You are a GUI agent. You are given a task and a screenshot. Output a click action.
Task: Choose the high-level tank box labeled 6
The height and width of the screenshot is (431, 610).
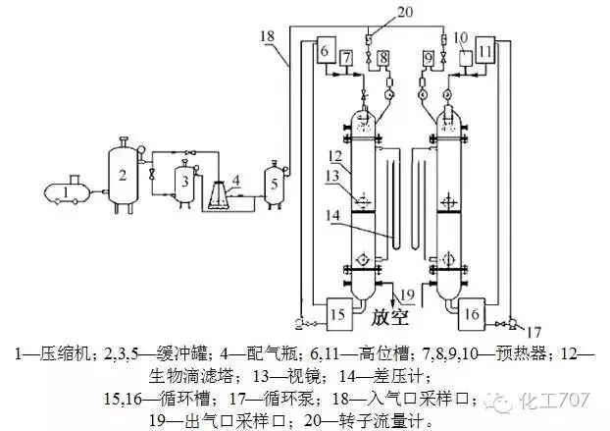coord(326,49)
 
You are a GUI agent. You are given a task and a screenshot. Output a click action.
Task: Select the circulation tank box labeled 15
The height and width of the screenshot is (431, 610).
coord(337,313)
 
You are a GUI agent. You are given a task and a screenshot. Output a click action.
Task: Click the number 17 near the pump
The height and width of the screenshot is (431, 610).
coord(534,330)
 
